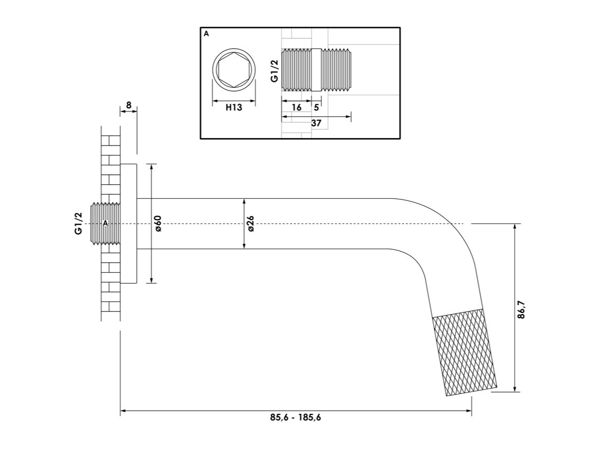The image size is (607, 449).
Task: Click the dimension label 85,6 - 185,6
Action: pos(296,417)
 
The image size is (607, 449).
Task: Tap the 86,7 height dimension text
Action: pos(522,309)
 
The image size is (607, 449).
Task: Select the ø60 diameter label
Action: pos(158,223)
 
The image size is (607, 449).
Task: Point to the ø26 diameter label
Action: pos(250,223)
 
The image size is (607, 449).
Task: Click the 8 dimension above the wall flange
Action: pos(129,105)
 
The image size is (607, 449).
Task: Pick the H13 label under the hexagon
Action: pos(234,107)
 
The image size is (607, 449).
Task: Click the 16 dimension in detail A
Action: pos(296,107)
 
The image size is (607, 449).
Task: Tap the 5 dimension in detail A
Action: pos(316,107)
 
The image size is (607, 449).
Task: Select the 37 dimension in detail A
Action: pos(316,124)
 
